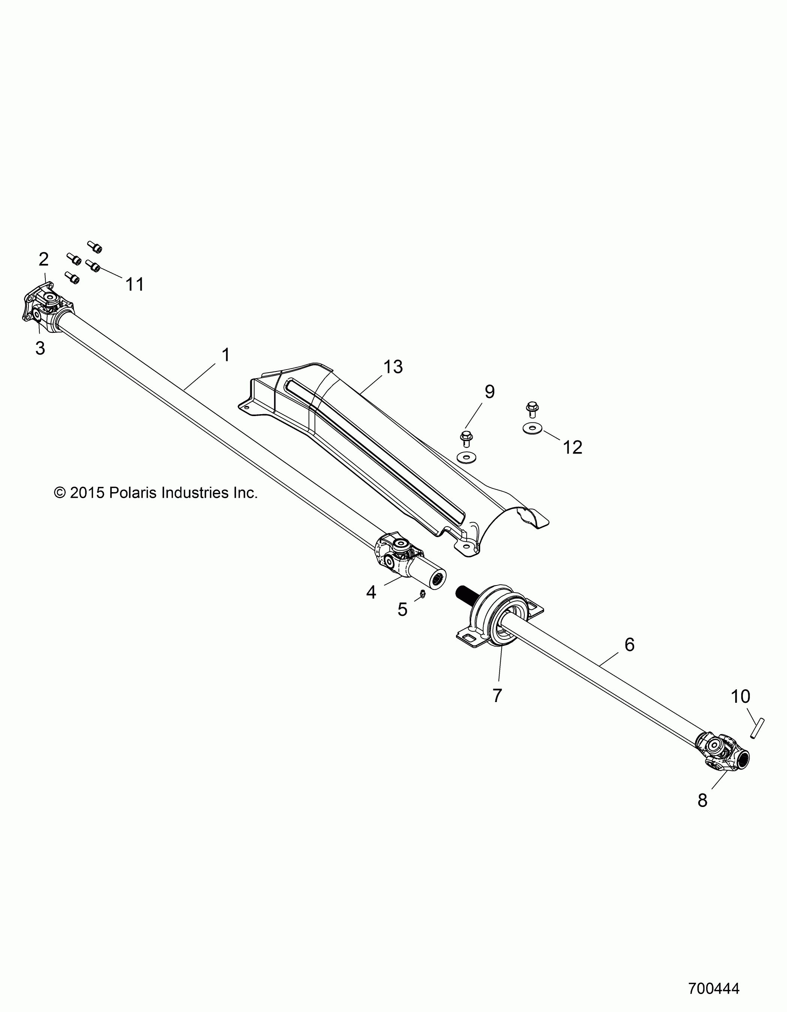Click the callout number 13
pyautogui.click(x=393, y=367)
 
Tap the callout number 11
pyautogui.click(x=135, y=284)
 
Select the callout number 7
pyautogui.click(x=497, y=708)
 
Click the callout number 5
pyautogui.click(x=402, y=609)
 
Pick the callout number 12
pyautogui.click(x=573, y=447)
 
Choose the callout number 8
pyautogui.click(x=702, y=800)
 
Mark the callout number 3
pyautogui.click(x=40, y=348)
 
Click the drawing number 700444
pyautogui.click(x=714, y=988)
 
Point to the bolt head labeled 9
pyautogui.click(x=466, y=436)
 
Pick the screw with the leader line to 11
pyautogui.click(x=94, y=266)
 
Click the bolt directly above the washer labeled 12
pyautogui.click(x=532, y=408)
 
